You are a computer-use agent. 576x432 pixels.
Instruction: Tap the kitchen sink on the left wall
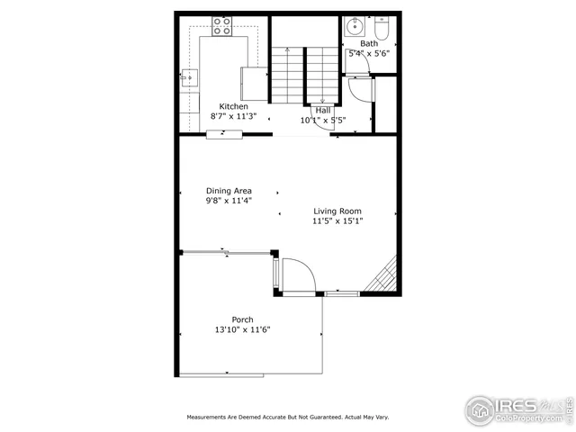189,79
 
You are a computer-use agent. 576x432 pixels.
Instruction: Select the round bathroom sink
355,23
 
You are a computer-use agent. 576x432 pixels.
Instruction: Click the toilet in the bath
381,30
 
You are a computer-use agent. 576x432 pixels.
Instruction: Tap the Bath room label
369,43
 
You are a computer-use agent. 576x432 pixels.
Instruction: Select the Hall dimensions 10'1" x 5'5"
322,120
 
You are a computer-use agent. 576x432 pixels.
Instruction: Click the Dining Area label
229,191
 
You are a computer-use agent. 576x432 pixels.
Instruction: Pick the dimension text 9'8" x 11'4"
229,201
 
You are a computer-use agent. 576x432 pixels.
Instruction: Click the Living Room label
337,211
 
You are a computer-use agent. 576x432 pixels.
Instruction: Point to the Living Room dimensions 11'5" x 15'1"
337,221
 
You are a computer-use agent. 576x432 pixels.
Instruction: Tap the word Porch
242,319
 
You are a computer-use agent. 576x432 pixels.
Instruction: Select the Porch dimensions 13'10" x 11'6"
242,330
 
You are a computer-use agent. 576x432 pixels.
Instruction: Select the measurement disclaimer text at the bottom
288,418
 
